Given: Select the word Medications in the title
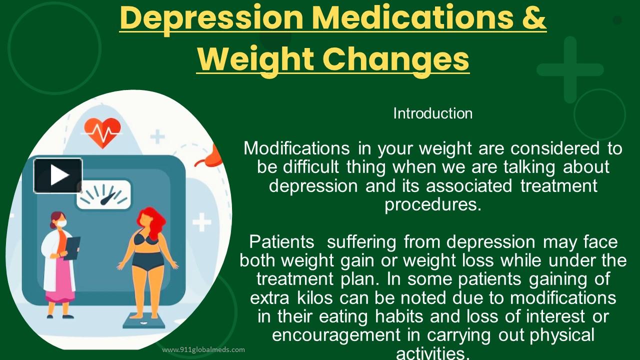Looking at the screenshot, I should click(x=409, y=17).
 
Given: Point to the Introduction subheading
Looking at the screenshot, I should click(x=432, y=113).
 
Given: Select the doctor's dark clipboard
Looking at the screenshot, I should click(x=72, y=248).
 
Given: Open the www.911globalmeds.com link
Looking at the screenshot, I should click(x=203, y=349).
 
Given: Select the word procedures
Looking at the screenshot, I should click(x=432, y=204).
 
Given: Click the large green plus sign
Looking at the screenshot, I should click(x=570, y=69).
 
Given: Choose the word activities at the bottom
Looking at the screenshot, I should click(x=432, y=353).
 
